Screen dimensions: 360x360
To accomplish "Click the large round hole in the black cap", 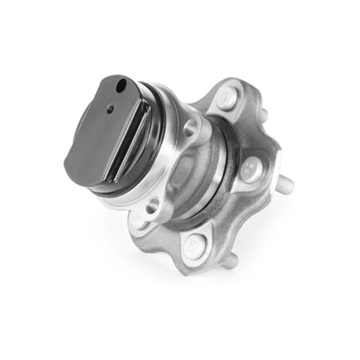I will click(x=122, y=85).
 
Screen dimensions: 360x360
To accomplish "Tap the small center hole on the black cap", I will click(x=110, y=109).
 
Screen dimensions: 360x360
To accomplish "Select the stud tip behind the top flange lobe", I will click(x=264, y=112).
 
